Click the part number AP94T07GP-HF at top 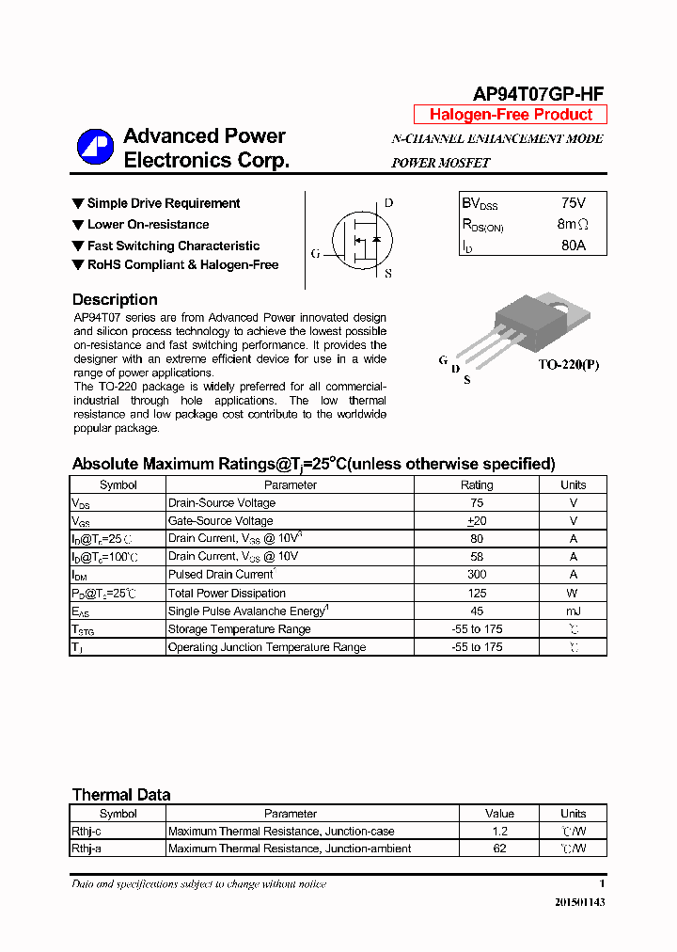[x=538, y=93]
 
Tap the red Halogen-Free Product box [x=511, y=115]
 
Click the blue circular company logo [x=95, y=147]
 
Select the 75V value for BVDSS [x=573, y=203]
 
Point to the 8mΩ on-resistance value [x=573, y=225]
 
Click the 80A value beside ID [x=573, y=246]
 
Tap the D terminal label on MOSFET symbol [x=388, y=203]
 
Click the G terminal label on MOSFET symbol [x=316, y=254]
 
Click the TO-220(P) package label [x=568, y=364]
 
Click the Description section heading [x=115, y=300]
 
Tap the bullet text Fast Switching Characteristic [x=173, y=246]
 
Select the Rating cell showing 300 [x=477, y=575]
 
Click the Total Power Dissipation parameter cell [x=227, y=594]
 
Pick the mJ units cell [x=573, y=611]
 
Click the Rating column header [x=477, y=485]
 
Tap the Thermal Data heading [x=121, y=795]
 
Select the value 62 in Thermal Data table [x=499, y=849]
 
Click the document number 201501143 [x=579, y=902]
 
